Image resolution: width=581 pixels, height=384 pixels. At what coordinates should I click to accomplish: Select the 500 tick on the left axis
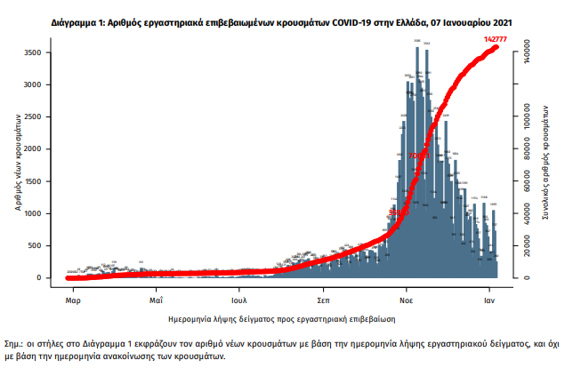pyautogui.click(x=54, y=246)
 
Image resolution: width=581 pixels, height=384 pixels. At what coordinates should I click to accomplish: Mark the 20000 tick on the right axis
pyautogui.click(x=528, y=247)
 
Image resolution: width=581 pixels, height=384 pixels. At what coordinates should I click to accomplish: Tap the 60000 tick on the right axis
pyautogui.click(x=528, y=181)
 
